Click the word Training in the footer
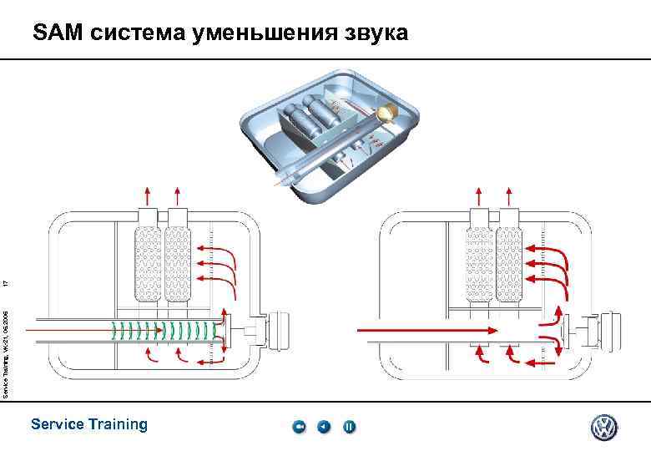pos(114,424)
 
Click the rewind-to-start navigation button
pos(300,428)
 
